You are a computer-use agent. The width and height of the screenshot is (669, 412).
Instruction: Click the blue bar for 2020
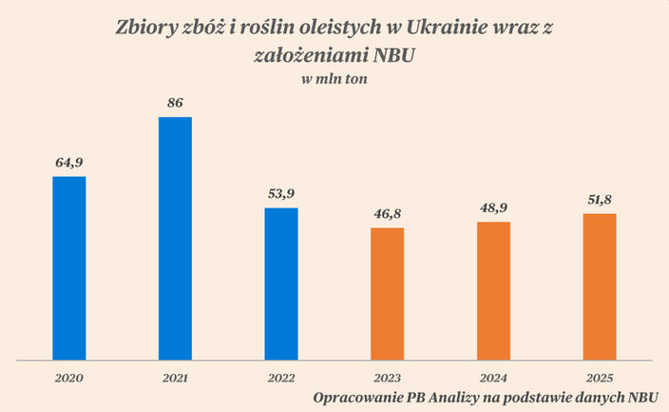click(x=69, y=268)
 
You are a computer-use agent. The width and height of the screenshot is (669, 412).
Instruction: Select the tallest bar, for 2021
click(x=175, y=239)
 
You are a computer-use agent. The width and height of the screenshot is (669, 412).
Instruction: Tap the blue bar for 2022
click(x=281, y=284)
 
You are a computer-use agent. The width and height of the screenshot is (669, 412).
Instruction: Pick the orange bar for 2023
click(x=388, y=294)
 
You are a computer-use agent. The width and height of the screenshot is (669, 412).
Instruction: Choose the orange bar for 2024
click(x=493, y=290)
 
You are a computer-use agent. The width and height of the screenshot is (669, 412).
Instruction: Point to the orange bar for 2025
click(x=600, y=286)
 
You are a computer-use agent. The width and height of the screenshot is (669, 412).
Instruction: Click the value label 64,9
click(x=69, y=163)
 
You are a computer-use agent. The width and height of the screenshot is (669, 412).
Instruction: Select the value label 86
click(x=175, y=103)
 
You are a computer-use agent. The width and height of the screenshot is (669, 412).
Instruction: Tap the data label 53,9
click(x=281, y=194)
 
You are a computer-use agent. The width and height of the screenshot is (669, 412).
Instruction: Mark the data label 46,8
click(x=388, y=214)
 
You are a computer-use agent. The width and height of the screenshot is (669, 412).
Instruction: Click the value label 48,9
click(x=493, y=208)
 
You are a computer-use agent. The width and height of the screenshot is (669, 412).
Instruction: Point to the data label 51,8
click(x=600, y=200)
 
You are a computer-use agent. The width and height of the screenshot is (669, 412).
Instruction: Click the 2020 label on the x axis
click(x=69, y=379)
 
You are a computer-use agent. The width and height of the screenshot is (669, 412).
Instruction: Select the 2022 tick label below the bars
click(x=281, y=379)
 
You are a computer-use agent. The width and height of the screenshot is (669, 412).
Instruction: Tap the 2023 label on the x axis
click(x=388, y=379)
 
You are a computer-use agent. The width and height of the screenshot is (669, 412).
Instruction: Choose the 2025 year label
click(x=600, y=379)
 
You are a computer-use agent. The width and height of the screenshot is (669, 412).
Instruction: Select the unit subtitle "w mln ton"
click(x=334, y=80)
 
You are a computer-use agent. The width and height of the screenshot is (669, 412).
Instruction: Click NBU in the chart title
click(x=393, y=56)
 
